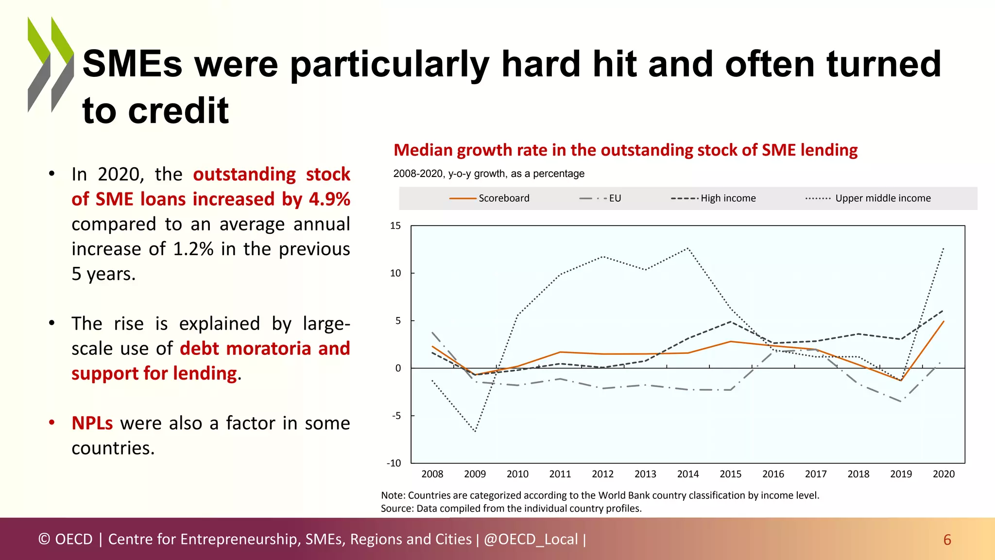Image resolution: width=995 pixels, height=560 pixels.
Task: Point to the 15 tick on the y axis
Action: click(395, 226)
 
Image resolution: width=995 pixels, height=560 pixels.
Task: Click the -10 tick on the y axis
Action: click(394, 463)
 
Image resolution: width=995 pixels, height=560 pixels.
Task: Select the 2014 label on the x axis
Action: click(687, 474)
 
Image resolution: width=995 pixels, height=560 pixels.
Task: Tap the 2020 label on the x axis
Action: click(943, 474)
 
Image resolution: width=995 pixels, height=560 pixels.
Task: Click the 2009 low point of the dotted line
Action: click(475, 431)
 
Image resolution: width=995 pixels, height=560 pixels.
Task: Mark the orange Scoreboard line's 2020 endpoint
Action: click(944, 321)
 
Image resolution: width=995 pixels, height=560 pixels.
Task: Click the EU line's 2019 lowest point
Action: click(901, 402)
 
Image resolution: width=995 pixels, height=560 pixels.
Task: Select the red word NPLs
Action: click(92, 423)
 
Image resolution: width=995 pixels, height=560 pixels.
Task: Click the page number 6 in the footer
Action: click(947, 540)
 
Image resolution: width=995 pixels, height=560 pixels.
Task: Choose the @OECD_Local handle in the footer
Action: click(531, 539)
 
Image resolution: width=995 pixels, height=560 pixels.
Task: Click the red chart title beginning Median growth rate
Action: click(625, 150)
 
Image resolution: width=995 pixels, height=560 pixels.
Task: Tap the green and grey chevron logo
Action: click(51, 64)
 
